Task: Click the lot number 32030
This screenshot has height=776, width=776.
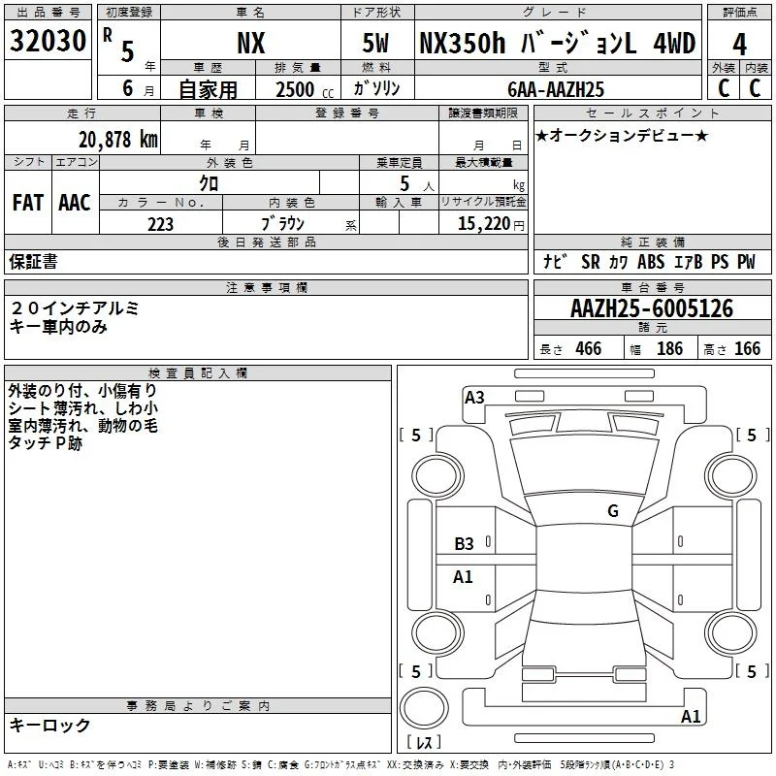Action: tap(48, 41)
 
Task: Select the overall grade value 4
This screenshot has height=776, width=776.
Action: tap(739, 45)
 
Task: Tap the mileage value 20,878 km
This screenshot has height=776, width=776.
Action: tap(118, 140)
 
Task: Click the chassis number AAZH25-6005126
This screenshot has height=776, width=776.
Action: tap(652, 308)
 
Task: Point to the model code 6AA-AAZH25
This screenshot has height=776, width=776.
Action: tap(556, 89)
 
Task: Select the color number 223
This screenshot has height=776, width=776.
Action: tap(160, 225)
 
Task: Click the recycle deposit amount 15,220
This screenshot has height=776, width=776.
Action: tap(483, 224)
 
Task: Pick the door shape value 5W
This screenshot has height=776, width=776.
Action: tap(375, 43)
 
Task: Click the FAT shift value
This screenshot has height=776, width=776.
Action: tap(28, 203)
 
